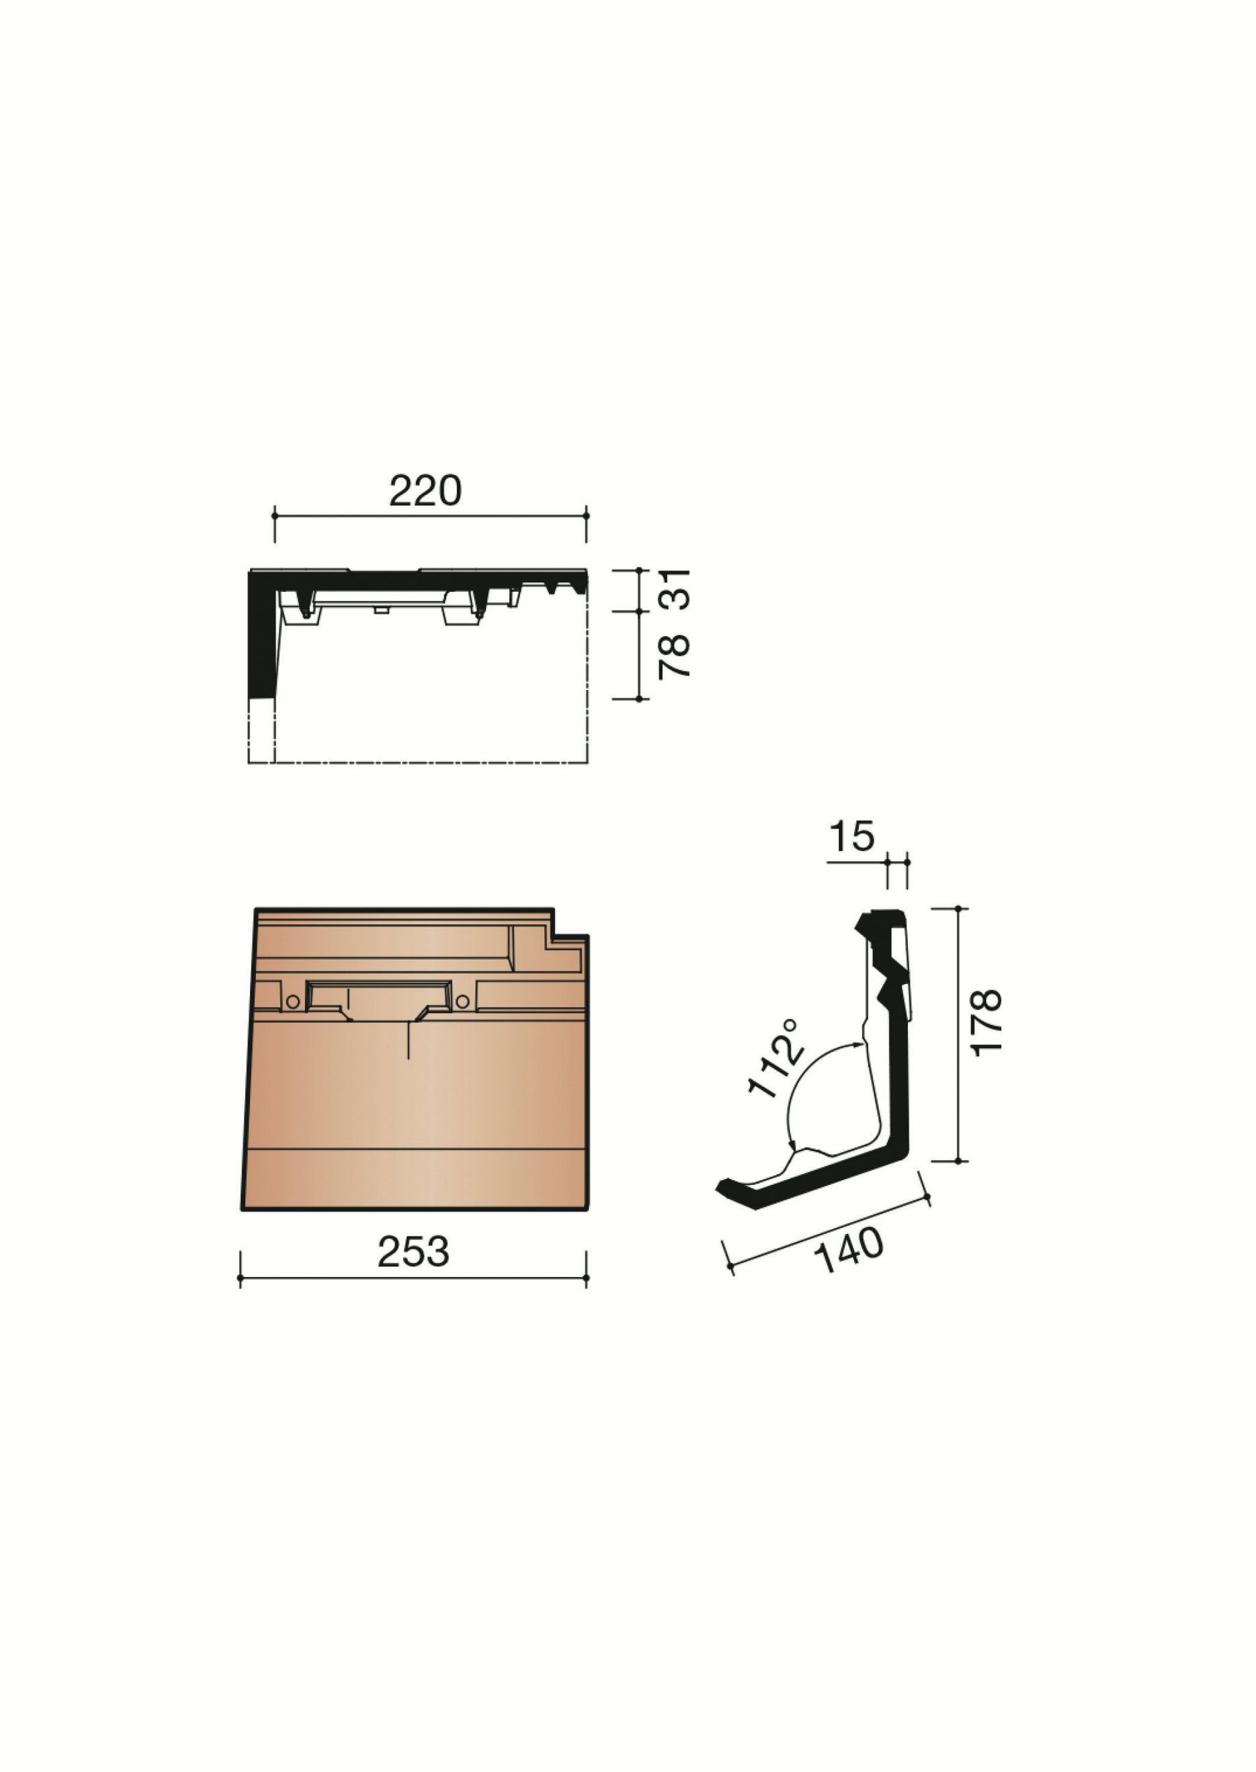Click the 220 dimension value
click(425, 490)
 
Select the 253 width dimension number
click(413, 1251)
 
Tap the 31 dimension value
click(673, 589)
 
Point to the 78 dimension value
click(673, 656)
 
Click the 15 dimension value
click(851, 836)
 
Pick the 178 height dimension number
click(986, 1022)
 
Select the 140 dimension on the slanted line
click(848, 1250)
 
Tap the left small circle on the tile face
click(292, 1002)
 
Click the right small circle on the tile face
click(462, 1002)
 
